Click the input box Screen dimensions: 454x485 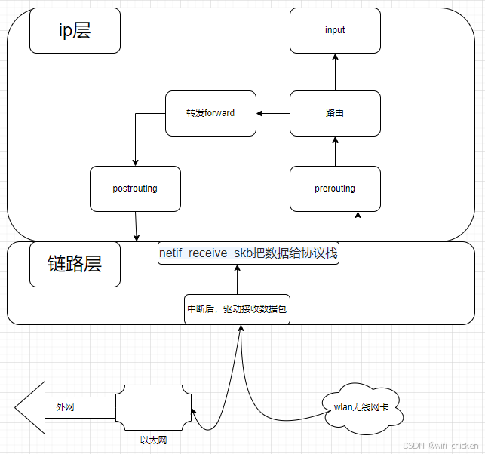tap(335, 30)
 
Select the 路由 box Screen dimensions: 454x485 tap(335, 113)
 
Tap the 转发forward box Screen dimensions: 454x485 tap(210, 113)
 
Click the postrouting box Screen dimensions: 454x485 tap(135, 189)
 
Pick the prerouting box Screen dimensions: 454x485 tap(335, 189)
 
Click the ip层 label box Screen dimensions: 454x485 tap(75, 30)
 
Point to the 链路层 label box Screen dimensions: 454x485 tap(75, 264)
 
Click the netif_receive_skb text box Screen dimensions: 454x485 tap(248, 253)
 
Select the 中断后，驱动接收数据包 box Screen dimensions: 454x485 tap(237, 309)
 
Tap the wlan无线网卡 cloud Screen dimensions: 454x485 tap(361, 408)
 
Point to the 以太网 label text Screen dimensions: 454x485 tap(153, 440)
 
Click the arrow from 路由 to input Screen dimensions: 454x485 tap(335, 72)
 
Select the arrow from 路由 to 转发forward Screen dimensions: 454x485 tap(273, 114)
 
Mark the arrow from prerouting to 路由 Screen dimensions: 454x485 tap(335, 151)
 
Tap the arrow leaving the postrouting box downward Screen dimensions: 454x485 tap(136, 225)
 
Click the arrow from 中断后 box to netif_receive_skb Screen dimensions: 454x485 tap(237, 279)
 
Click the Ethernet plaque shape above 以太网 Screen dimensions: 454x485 tap(153, 407)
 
